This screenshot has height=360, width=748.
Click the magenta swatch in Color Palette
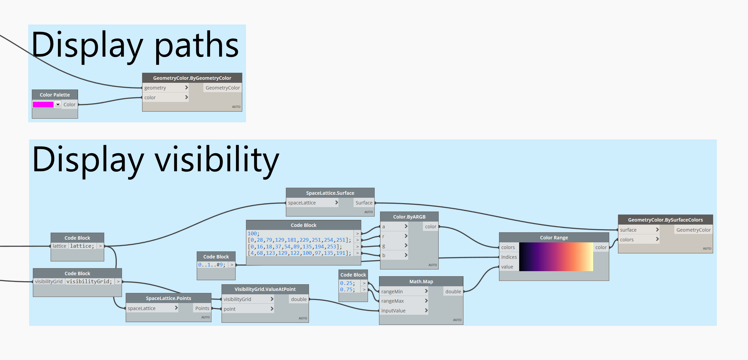click(x=43, y=105)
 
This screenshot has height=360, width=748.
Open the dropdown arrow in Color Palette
click(x=58, y=105)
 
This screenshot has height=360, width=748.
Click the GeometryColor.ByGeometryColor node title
click(x=192, y=78)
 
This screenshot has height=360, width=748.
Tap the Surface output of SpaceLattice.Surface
click(x=364, y=203)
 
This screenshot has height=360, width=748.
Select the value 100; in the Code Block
click(x=253, y=234)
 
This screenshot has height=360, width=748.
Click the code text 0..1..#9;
click(x=212, y=265)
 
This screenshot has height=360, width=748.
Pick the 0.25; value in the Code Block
click(x=347, y=283)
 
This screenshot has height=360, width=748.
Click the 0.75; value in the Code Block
click(x=347, y=290)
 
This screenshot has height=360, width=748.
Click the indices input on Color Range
click(x=509, y=257)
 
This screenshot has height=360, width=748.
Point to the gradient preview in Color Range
click(x=556, y=257)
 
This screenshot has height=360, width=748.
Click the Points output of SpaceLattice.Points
click(x=202, y=308)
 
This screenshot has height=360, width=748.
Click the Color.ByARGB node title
click(x=409, y=217)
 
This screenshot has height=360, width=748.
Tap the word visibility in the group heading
click(x=216, y=160)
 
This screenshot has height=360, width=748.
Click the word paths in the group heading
click(x=196, y=45)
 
